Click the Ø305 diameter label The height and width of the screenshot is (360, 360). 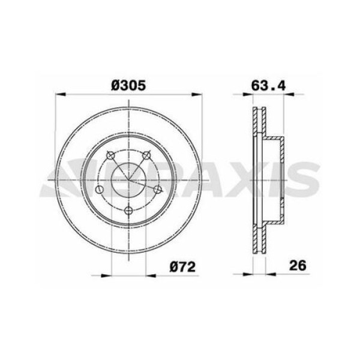tap(128, 86)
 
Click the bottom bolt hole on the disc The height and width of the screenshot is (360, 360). tap(128, 210)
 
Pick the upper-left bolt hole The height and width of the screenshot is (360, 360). tap(110, 157)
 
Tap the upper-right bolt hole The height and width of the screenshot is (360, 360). tap(146, 157)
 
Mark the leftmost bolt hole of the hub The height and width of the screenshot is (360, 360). tap(100, 190)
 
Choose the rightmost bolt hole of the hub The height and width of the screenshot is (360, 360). tap(158, 190)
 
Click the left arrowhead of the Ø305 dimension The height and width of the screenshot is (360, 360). tap(58, 94)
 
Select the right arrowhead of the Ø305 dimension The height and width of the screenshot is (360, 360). tap(198, 94)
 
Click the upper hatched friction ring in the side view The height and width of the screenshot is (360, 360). tap(260, 123)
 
